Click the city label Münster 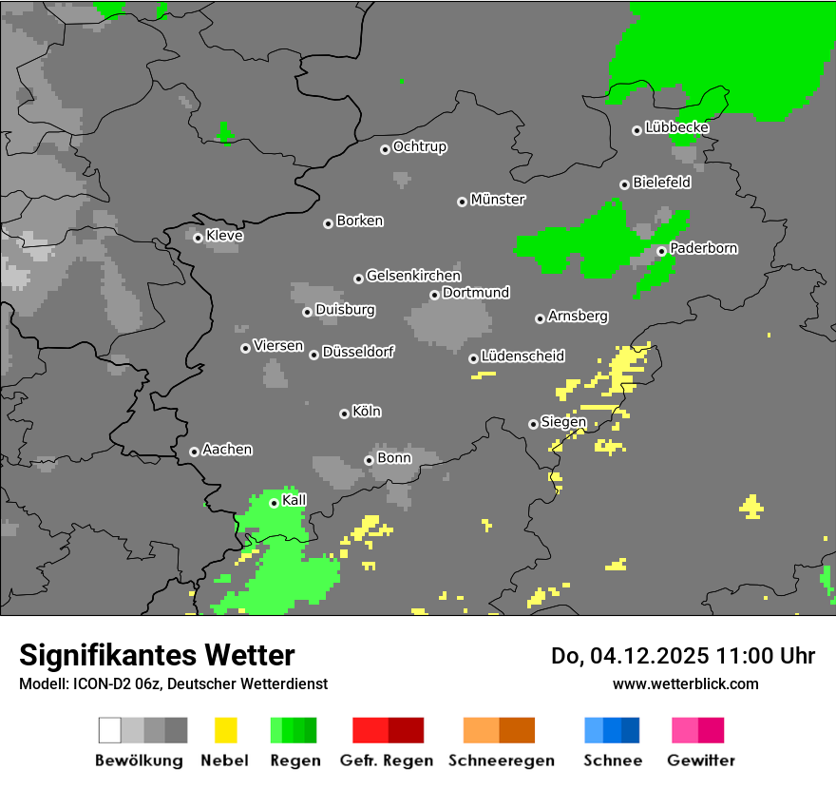[498, 200]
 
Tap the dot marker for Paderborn [661, 251]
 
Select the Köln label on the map [367, 412]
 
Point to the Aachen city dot [194, 452]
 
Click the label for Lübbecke [676, 127]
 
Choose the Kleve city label [224, 236]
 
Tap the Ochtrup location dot [385, 148]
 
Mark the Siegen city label [563, 422]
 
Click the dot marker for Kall [274, 503]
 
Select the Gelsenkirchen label [413, 276]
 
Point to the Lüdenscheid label [522, 356]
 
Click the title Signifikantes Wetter [157, 656]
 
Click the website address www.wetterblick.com [685, 683]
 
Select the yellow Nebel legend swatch [225, 730]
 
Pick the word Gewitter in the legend [701, 760]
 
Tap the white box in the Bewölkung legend [110, 730]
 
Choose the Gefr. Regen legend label [387, 760]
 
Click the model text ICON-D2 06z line [173, 683]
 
